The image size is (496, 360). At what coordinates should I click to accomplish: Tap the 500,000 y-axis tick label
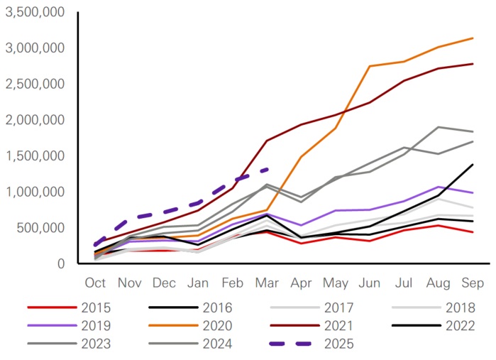[x=40, y=228]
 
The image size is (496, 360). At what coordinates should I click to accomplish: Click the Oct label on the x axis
[x=95, y=283]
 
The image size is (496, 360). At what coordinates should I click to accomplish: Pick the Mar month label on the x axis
[x=267, y=283]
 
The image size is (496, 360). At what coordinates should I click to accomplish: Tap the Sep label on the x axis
[x=473, y=283]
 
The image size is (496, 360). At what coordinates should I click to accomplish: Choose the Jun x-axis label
[x=370, y=283]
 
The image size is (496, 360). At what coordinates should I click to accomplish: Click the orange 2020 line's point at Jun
[x=370, y=66]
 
